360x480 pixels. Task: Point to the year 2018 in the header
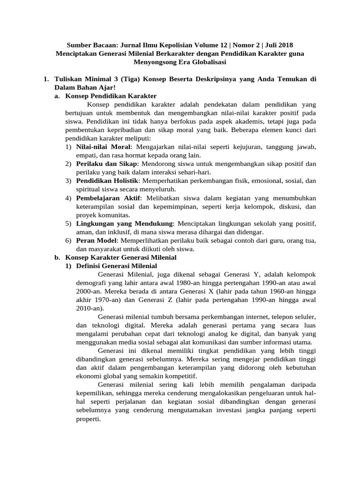tap(285, 45)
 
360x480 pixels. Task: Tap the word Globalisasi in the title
tap(208, 62)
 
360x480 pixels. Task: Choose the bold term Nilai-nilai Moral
tap(103, 147)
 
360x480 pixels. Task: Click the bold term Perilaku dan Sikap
tap(107, 164)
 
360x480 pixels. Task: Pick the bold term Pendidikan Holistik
tap(107, 180)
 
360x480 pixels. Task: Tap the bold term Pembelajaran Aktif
tap(108, 198)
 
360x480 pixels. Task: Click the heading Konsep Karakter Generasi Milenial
tap(121, 257)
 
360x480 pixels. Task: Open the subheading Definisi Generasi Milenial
tap(117, 266)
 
